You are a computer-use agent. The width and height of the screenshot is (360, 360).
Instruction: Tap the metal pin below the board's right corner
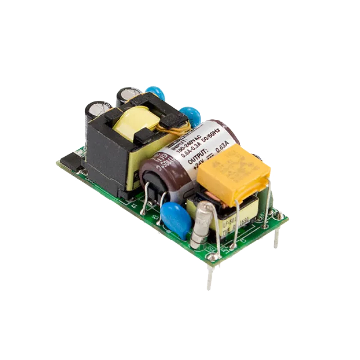[277, 239]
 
